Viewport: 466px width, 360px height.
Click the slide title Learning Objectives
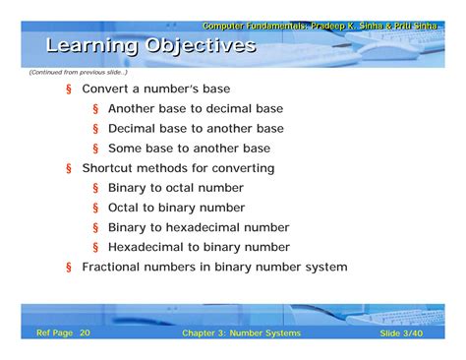tap(150, 45)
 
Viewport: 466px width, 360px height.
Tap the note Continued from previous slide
tap(78, 72)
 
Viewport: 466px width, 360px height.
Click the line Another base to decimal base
tap(196, 108)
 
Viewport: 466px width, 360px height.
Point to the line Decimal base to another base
tap(196, 128)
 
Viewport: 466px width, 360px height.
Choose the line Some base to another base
tap(189, 148)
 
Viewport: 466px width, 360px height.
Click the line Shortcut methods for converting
tap(178, 168)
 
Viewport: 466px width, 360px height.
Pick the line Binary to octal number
tap(176, 188)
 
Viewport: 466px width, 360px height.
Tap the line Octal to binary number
tap(176, 208)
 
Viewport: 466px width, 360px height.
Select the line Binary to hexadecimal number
tap(199, 227)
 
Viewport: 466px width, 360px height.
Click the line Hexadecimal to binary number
tap(199, 247)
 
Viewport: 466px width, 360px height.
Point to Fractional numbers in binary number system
tap(214, 267)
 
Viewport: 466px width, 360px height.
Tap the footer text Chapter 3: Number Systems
tap(241, 333)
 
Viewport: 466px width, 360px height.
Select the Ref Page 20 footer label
tap(63, 333)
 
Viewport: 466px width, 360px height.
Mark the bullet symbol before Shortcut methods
tap(69, 168)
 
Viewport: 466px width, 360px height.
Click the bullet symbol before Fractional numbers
tap(69, 267)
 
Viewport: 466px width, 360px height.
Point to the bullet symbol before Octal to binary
tap(96, 208)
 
